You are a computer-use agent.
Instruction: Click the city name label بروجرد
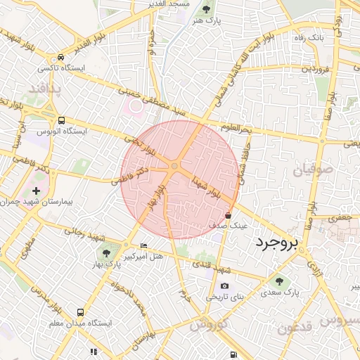[275, 243]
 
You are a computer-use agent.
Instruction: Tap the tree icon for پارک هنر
[205, 10]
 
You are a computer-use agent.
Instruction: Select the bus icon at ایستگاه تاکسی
[61, 58]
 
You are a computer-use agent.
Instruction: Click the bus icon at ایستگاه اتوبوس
[61, 120]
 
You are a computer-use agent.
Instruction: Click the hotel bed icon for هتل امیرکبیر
[144, 245]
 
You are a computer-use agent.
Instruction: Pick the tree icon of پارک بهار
[106, 251]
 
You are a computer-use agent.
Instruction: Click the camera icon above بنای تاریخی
[224, 285]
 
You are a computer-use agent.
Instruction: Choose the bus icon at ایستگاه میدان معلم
[80, 311]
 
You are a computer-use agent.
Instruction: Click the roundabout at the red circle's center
[174, 166]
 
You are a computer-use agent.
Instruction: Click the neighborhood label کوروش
[208, 325]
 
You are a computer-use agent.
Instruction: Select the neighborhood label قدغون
[293, 328]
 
